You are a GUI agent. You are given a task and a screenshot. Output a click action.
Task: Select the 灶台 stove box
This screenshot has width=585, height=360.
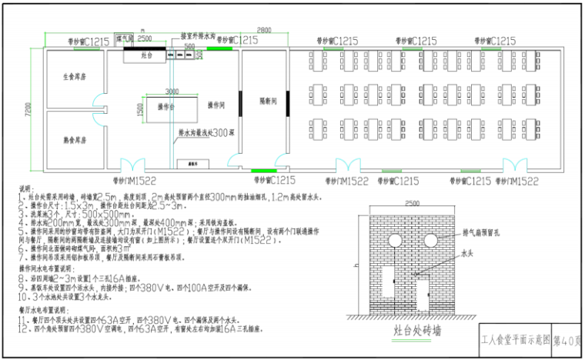(x=146, y=56)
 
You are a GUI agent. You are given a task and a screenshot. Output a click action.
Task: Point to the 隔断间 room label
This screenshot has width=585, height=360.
(x=266, y=102)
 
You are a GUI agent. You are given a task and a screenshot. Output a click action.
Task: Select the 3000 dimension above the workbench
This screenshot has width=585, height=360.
(x=172, y=91)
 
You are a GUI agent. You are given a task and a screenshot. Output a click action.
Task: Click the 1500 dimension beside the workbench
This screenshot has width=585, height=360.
(x=140, y=109)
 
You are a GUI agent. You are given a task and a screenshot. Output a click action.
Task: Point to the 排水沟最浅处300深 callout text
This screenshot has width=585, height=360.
(x=204, y=132)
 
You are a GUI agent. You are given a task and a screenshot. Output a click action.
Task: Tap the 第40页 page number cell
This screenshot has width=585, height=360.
(x=567, y=339)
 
